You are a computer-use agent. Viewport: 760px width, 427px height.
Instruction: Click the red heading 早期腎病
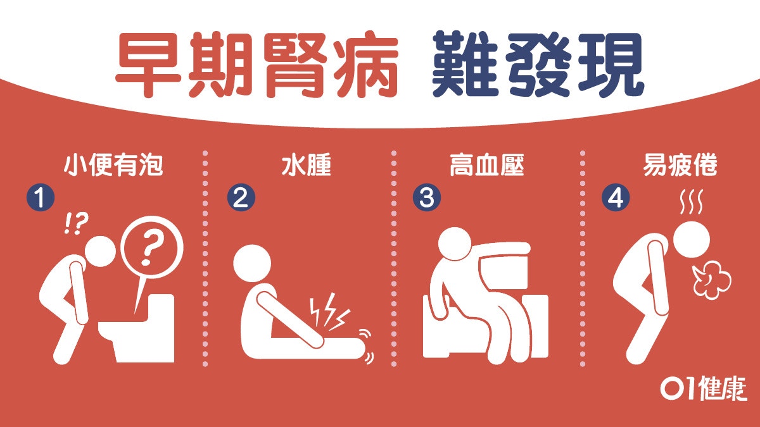click(x=257, y=65)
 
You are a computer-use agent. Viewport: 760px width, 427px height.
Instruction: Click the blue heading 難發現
click(x=538, y=64)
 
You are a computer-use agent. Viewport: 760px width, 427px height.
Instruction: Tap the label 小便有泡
click(x=113, y=165)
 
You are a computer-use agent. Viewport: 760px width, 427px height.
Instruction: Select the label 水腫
click(x=306, y=165)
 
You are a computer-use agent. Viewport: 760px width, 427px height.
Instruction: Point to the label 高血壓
click(x=487, y=165)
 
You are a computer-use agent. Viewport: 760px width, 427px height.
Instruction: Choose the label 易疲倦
click(x=680, y=165)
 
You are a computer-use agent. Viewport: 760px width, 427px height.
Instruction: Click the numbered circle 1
click(x=41, y=197)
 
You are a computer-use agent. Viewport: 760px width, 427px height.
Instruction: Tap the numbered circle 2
click(x=241, y=197)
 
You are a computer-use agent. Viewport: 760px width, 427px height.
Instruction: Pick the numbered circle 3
click(x=427, y=197)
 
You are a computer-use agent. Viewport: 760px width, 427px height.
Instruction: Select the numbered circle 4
click(x=616, y=197)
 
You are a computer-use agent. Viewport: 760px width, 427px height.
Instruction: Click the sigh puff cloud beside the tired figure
click(x=711, y=281)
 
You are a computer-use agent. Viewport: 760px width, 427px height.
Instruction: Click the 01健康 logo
click(x=704, y=388)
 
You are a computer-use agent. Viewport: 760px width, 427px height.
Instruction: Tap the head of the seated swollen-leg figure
click(x=252, y=263)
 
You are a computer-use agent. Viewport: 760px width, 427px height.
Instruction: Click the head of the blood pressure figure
click(x=455, y=244)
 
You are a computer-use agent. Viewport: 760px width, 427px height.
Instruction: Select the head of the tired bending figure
click(x=692, y=240)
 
